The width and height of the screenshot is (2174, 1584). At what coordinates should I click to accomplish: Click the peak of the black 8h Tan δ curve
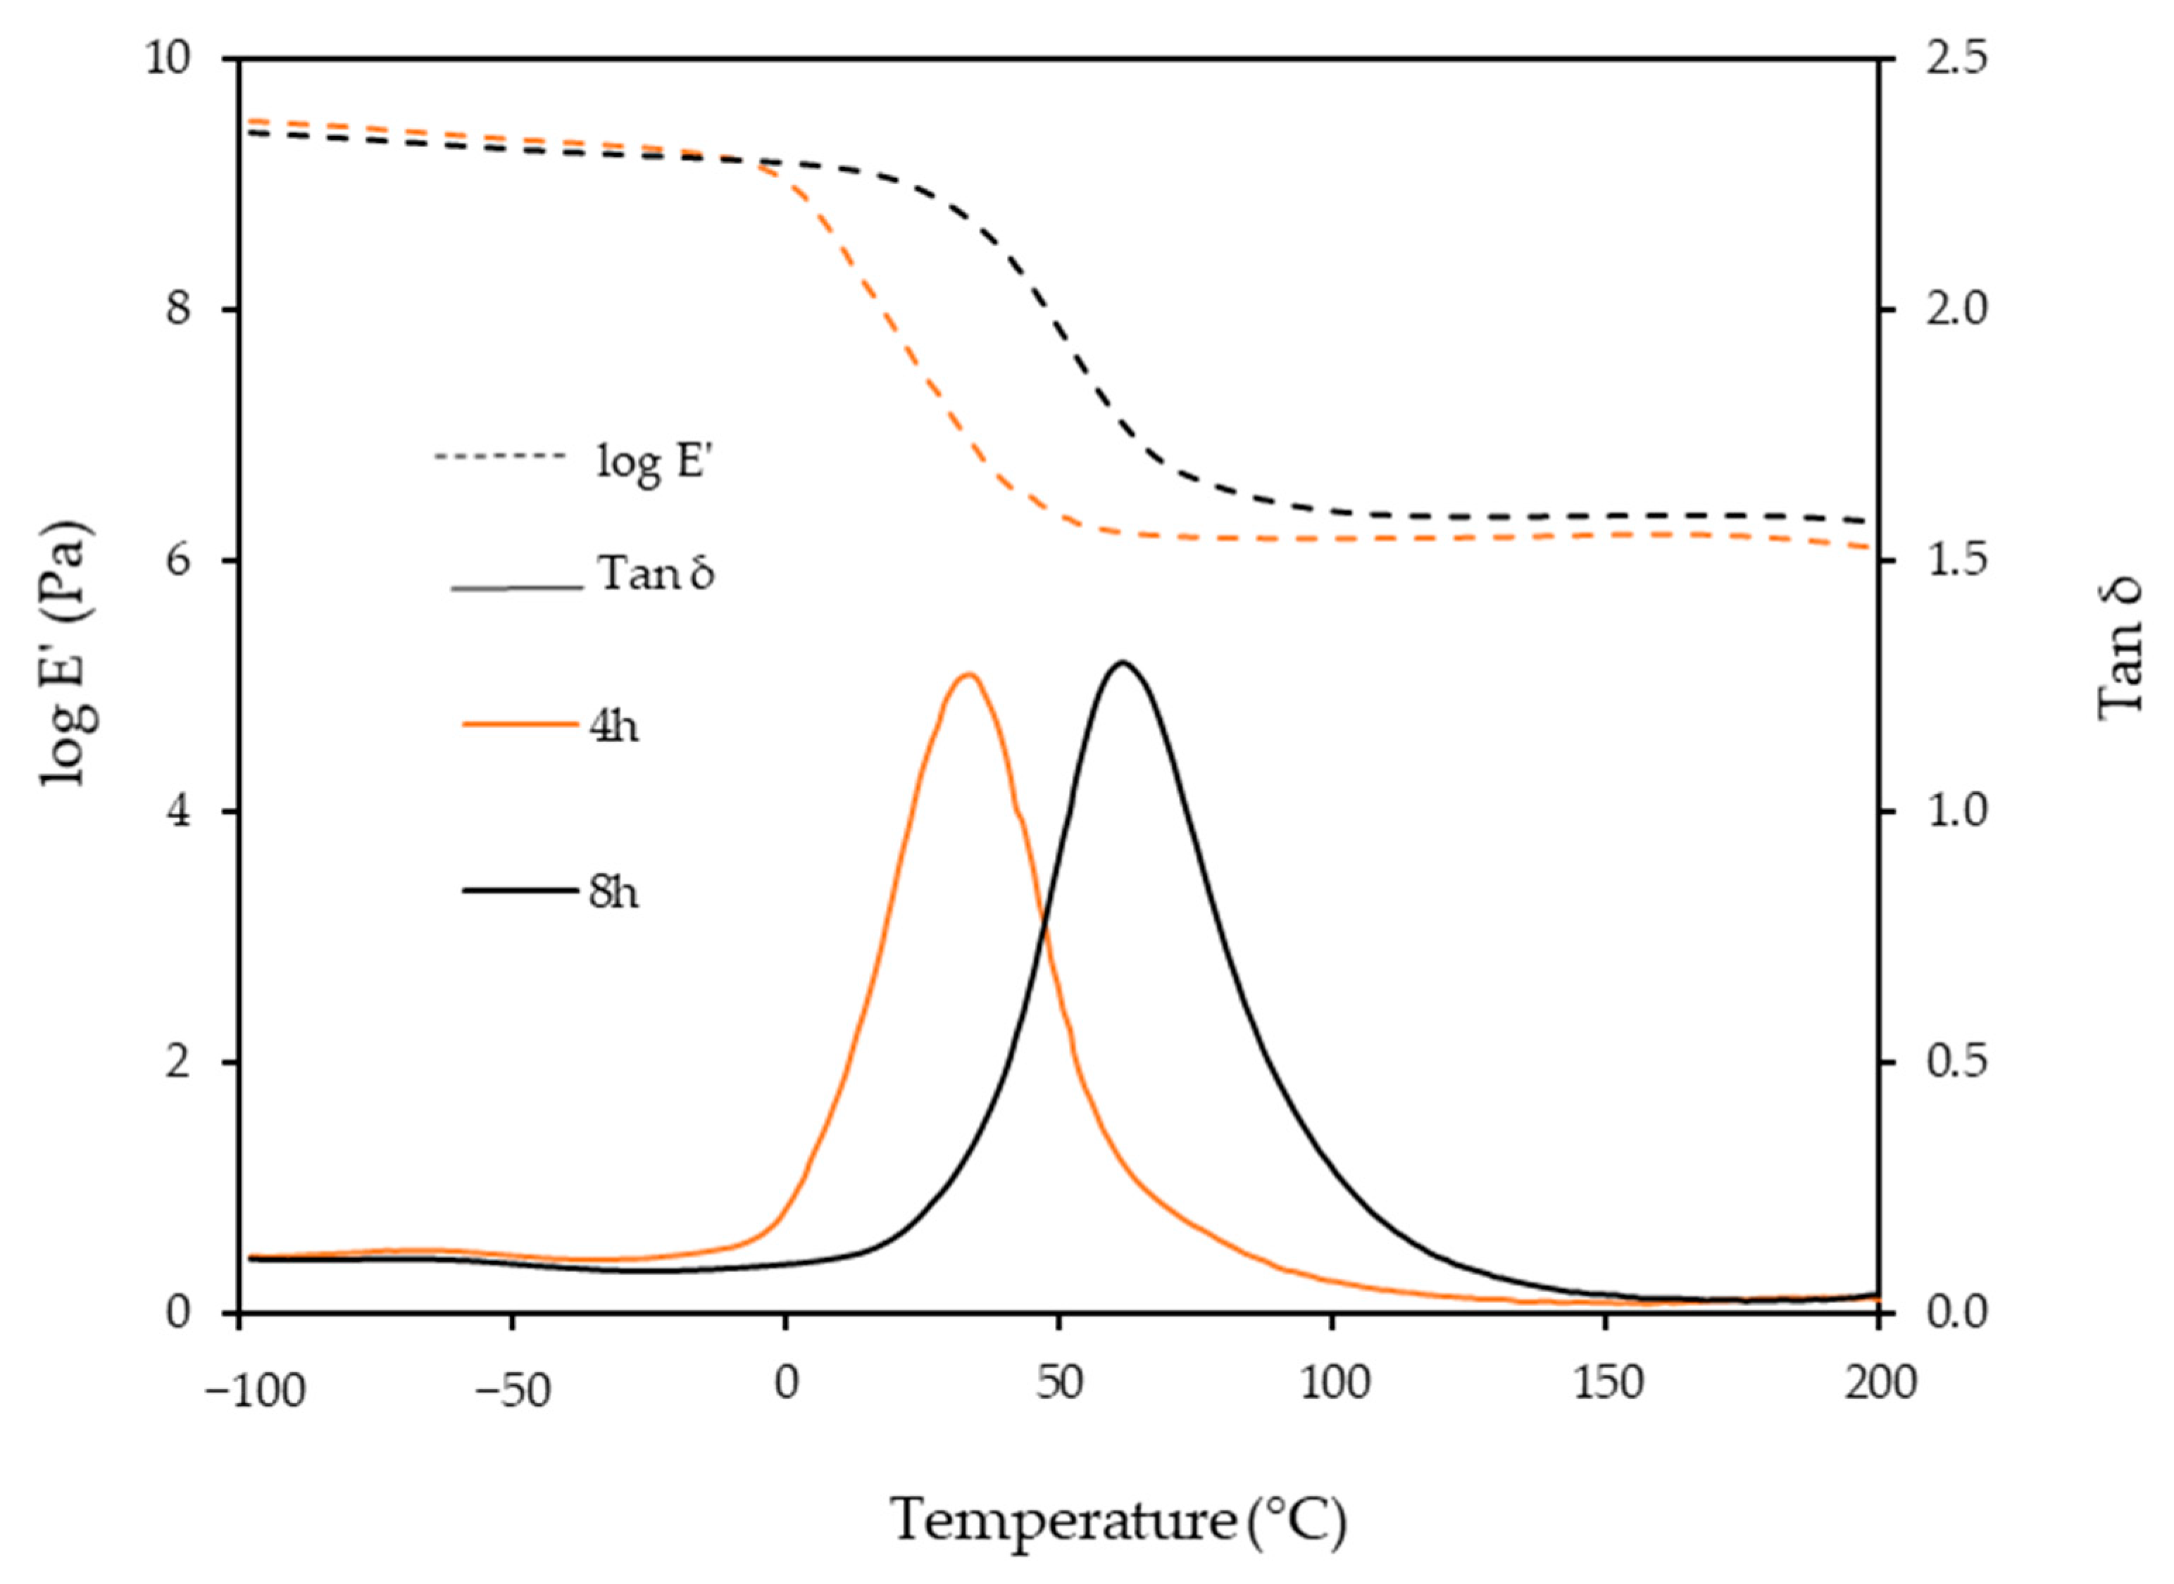point(1121,662)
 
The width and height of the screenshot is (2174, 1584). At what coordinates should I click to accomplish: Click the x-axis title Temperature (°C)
point(1119,1521)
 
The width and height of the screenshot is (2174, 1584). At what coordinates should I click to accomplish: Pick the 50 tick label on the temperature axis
point(1058,1385)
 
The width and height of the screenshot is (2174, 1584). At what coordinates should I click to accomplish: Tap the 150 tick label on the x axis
point(1607,1385)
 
